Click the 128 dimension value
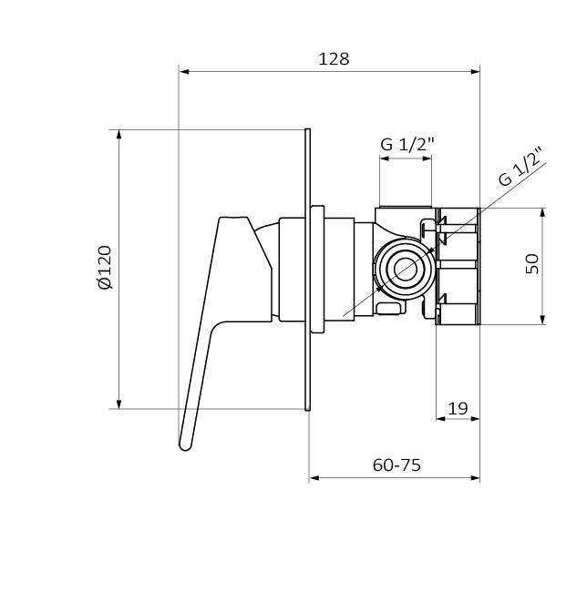334,59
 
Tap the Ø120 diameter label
105,267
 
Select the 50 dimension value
532,264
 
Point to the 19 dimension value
458,408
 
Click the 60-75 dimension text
396,465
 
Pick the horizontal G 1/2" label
407,144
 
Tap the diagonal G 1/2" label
520,166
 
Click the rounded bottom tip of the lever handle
185,446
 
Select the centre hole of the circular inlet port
406,270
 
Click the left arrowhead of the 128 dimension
184,71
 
